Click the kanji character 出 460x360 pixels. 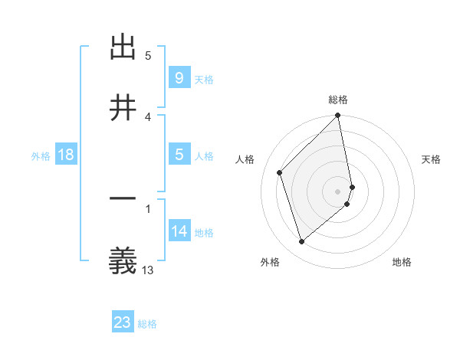(x=123, y=47)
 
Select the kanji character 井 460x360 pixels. (x=123, y=108)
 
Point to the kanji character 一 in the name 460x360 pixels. (x=123, y=201)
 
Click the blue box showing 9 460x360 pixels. (x=179, y=77)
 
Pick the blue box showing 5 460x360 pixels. (x=179, y=155)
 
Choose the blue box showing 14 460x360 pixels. (x=179, y=231)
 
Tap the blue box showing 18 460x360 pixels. (x=66, y=155)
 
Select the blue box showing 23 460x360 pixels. (x=123, y=322)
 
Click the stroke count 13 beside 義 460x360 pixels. (x=148, y=270)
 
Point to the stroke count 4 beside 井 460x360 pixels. (x=148, y=116)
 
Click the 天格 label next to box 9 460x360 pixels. (x=204, y=79)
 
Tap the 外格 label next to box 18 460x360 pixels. (x=41, y=156)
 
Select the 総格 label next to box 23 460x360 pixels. (x=148, y=324)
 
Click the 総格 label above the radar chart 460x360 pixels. (x=338, y=100)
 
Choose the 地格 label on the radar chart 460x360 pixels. (x=402, y=262)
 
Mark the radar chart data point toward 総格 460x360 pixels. (x=338, y=116)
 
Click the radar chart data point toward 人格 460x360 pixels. (x=280, y=172)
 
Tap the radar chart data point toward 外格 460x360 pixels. (x=301, y=241)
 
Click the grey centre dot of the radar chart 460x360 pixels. (x=338, y=190)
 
